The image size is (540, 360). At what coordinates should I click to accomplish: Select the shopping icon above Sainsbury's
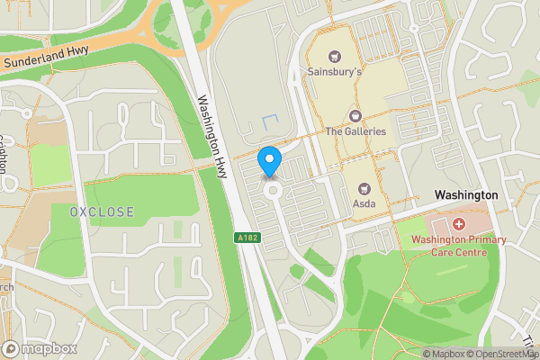335,56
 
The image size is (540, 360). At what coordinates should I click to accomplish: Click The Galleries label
355,131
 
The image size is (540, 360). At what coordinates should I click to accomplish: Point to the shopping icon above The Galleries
355,117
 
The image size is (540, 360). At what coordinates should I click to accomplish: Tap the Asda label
364,202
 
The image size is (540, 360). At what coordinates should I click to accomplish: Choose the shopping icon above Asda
364,188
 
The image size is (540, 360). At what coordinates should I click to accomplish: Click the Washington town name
465,195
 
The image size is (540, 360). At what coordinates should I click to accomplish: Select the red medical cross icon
459,222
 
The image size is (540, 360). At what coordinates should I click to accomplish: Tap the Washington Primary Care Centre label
459,246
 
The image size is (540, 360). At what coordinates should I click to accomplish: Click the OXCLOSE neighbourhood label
102,212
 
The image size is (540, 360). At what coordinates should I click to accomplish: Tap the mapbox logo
40,348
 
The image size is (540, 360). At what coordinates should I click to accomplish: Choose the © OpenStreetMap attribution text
504,354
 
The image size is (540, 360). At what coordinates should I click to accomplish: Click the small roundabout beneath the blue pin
271,191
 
